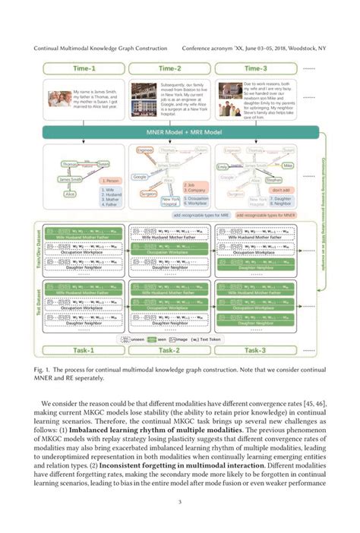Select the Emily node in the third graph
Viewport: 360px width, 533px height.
(x=223, y=165)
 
